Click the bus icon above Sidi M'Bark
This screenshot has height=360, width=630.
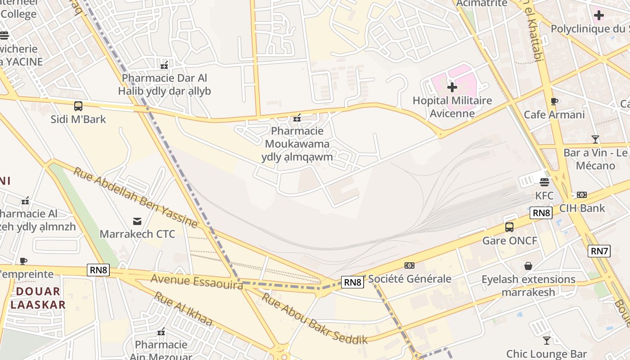78,106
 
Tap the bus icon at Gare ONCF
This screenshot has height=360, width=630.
509,227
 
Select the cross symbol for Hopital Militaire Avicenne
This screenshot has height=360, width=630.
452,87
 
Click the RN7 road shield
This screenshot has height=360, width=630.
599,251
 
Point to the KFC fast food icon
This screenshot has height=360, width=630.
544,182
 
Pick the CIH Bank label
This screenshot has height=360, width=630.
582,208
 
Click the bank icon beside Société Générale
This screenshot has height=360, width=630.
409,265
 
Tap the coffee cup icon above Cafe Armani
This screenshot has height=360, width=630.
554,102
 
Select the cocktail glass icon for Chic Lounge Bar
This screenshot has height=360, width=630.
546,340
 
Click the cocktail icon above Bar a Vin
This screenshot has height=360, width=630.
595,139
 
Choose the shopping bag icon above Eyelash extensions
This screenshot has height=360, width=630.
528,266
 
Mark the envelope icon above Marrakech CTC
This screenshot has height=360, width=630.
137,221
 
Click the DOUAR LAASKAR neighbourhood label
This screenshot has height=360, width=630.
38,298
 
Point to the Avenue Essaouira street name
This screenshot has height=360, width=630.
197,280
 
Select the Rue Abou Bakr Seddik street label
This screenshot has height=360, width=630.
315,319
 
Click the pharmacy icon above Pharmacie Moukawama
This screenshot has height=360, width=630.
297,118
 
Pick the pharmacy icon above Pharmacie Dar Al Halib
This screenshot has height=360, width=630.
164,65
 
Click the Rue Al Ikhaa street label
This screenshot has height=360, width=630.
183,309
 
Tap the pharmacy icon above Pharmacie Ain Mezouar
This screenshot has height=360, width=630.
161,332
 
